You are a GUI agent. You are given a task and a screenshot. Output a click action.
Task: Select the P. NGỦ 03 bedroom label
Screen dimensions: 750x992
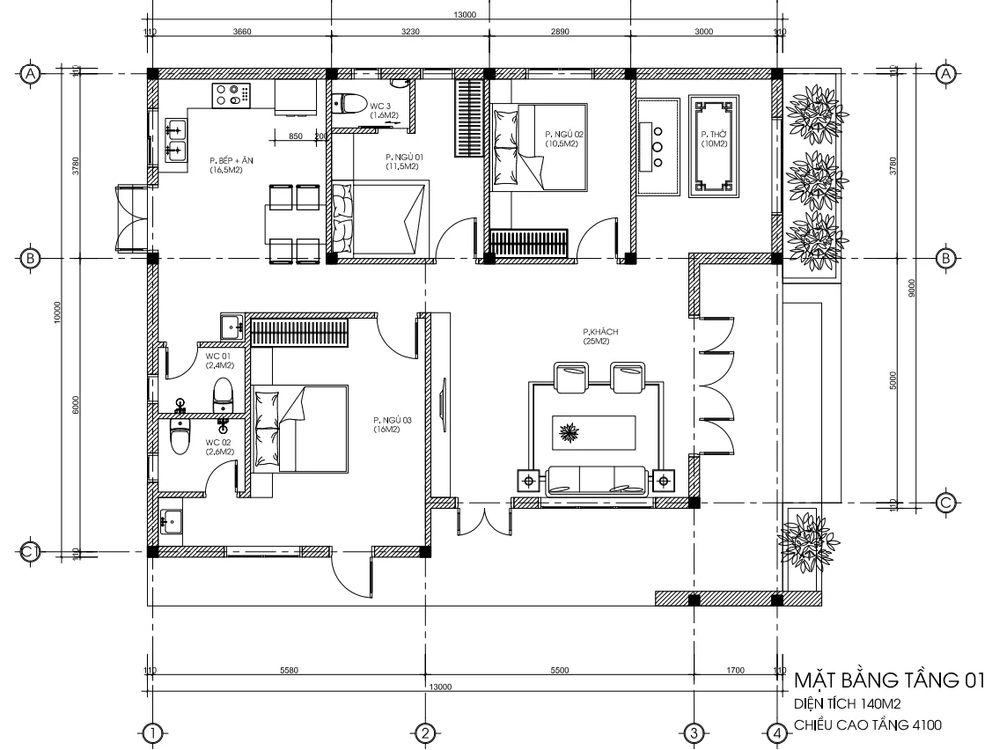pos(387,424)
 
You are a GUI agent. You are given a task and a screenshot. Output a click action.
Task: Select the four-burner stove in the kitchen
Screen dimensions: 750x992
pos(231,94)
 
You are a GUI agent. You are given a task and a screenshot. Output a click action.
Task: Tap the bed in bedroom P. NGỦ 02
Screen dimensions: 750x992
pos(540,146)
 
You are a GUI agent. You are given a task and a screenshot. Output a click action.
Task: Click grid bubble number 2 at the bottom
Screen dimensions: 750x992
pos(423,732)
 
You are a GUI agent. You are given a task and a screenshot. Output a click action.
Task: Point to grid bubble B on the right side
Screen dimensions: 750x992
pos(946,258)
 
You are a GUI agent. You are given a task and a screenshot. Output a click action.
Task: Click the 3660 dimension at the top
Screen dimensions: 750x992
pos(241,32)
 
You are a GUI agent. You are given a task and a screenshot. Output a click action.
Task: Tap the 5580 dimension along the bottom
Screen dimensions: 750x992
pos(289,671)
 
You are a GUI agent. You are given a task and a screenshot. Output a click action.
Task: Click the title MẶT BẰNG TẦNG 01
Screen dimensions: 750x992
pos(888,681)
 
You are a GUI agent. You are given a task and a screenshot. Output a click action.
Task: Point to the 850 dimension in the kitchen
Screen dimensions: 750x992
pos(295,136)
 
